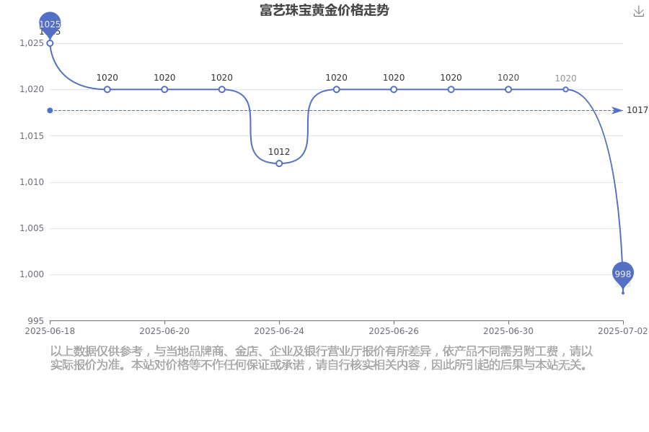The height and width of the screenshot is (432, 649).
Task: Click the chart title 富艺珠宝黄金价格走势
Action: click(x=324, y=10)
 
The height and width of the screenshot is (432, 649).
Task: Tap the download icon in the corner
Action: click(x=639, y=12)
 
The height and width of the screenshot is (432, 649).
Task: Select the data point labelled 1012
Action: click(x=279, y=163)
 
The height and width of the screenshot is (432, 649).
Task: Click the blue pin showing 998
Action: click(x=623, y=274)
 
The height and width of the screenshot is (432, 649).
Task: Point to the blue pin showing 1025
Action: click(x=50, y=24)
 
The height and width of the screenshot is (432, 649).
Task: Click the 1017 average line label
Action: click(x=637, y=110)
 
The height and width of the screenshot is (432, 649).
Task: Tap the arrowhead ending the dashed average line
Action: click(x=617, y=110)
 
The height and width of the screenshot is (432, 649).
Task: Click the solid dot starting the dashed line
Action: click(x=50, y=110)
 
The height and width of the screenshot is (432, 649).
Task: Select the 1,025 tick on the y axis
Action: click(x=32, y=43)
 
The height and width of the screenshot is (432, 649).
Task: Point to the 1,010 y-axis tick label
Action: click(x=32, y=182)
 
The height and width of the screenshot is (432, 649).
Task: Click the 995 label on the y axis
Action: click(x=35, y=321)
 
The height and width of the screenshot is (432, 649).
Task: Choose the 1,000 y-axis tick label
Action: click(x=32, y=274)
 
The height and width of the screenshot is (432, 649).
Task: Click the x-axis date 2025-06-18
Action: click(x=50, y=331)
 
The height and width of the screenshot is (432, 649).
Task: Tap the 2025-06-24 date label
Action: click(x=279, y=331)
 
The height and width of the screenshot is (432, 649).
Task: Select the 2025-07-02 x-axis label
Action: click(x=622, y=331)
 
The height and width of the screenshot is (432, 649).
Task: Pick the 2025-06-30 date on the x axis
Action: click(x=508, y=331)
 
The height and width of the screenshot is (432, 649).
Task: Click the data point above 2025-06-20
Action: click(x=164, y=89)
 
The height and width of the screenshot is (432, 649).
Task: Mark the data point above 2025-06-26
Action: click(x=394, y=89)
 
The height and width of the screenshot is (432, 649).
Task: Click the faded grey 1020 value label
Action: click(x=565, y=78)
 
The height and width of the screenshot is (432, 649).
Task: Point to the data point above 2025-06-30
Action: click(x=508, y=89)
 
